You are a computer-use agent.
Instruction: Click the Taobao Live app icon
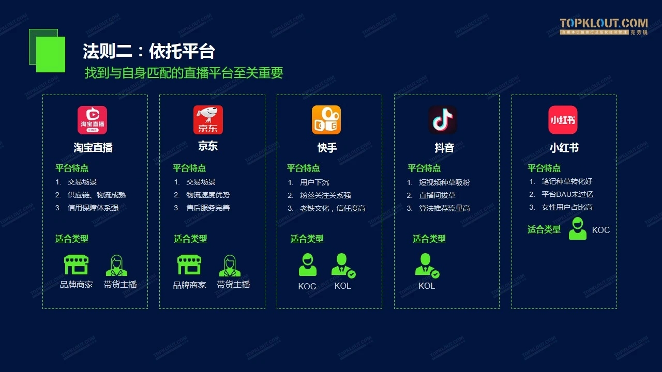tap(92, 120)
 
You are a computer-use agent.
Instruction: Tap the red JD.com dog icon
tap(208, 120)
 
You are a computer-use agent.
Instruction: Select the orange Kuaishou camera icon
tap(326, 120)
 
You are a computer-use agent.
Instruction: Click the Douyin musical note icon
tap(443, 120)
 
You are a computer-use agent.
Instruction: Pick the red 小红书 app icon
tap(563, 120)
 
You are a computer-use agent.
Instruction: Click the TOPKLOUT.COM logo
tap(604, 26)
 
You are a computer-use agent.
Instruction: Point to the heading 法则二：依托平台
tap(149, 51)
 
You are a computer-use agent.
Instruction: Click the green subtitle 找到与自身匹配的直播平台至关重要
tap(184, 73)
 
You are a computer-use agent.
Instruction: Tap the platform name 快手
tap(327, 148)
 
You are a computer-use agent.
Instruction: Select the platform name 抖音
tap(444, 148)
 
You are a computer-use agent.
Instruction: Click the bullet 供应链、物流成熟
tap(97, 195)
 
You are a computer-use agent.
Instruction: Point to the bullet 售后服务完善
tap(208, 208)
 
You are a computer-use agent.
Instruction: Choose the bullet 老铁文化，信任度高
tap(333, 208)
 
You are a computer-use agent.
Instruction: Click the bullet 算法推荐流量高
tap(444, 208)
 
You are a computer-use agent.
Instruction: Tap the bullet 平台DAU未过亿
tap(567, 194)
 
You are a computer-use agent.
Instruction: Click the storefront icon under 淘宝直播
tap(76, 265)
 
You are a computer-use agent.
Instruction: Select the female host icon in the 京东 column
tap(230, 266)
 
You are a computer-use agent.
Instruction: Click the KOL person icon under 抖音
tap(427, 266)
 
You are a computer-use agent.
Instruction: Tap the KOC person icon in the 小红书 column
tap(578, 228)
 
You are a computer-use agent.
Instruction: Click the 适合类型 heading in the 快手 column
tap(307, 239)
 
